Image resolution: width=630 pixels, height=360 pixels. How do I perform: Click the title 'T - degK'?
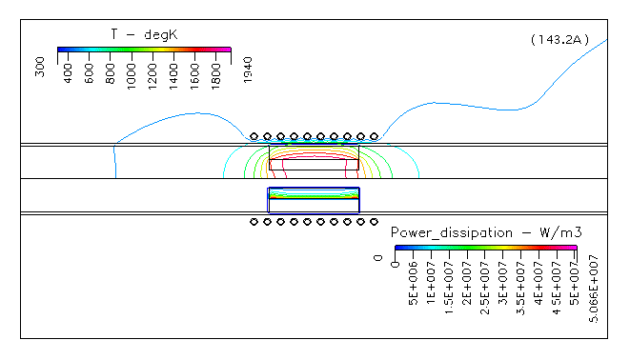(144, 34)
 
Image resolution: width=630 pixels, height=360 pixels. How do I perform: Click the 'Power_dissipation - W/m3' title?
(486, 232)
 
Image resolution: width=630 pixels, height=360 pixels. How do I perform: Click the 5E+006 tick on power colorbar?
(413, 276)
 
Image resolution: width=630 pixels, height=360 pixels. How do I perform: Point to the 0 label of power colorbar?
(378, 257)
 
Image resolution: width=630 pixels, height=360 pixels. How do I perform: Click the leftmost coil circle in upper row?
(254, 137)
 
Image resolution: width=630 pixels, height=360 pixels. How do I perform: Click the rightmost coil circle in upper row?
(374, 137)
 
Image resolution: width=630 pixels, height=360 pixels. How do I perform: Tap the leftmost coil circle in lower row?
(254, 222)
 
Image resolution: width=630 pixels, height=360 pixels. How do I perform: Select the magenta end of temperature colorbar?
(226, 48)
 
